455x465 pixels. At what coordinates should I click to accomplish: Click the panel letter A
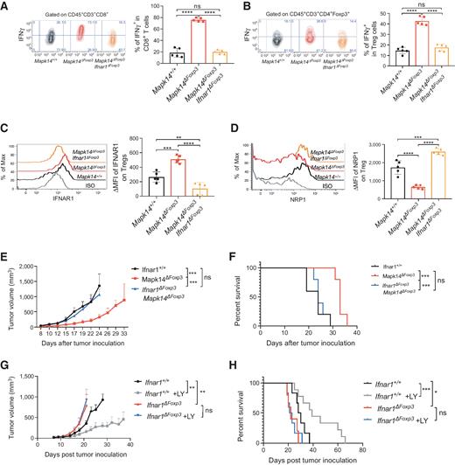(x=6, y=7)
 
